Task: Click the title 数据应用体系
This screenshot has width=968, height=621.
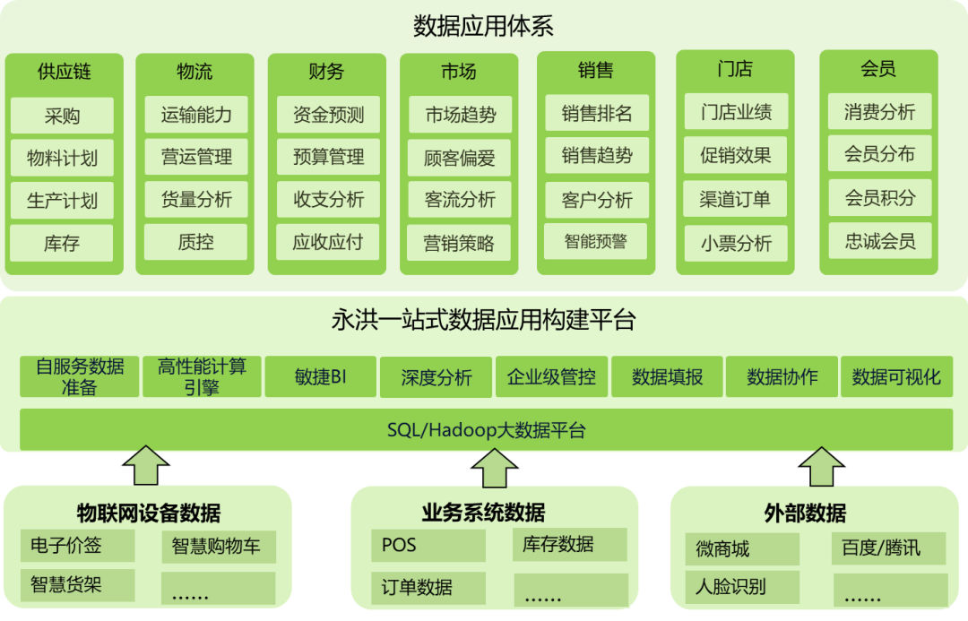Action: click(483, 26)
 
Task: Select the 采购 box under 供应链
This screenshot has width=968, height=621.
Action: click(62, 116)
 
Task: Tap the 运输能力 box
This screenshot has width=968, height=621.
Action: click(196, 115)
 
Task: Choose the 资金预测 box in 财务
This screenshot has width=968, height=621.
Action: click(328, 115)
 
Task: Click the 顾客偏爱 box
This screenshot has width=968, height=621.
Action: click(459, 158)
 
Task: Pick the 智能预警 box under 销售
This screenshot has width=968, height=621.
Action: click(595, 241)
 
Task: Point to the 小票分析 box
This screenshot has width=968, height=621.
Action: click(735, 243)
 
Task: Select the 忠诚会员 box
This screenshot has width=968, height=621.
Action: click(879, 241)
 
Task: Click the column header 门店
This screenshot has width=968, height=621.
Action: click(735, 69)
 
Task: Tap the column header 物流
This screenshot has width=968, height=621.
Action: click(195, 72)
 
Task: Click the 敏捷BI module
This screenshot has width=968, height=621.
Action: click(320, 377)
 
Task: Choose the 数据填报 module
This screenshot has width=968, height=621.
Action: click(667, 377)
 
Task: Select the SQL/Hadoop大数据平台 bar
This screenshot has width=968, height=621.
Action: click(486, 430)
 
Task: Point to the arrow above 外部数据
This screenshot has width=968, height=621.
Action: click(821, 467)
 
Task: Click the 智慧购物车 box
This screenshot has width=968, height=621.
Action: click(218, 547)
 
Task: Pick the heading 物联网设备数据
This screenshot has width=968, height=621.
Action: click(149, 513)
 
